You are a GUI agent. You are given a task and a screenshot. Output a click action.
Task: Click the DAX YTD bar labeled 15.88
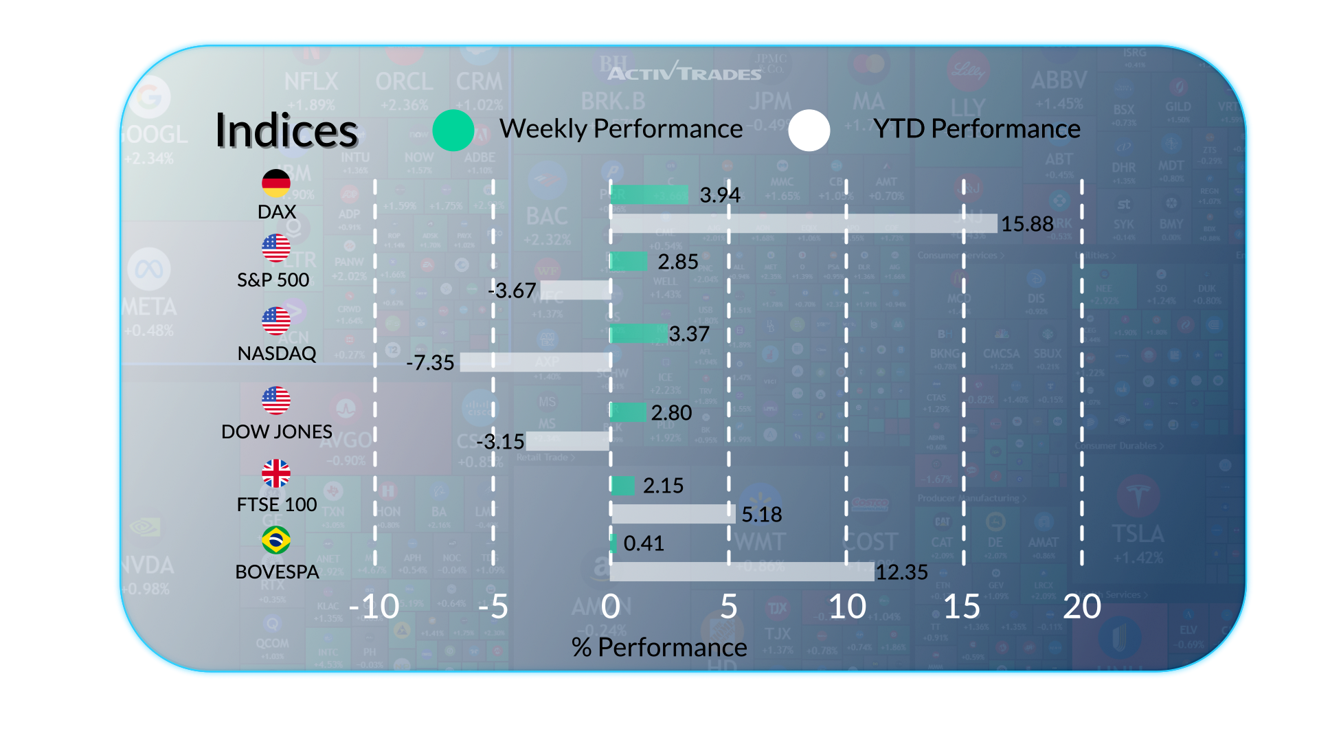pos(804,223)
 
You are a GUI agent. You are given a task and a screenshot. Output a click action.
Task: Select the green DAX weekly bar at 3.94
pos(649,194)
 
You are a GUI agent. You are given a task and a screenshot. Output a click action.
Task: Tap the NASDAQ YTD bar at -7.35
pos(535,362)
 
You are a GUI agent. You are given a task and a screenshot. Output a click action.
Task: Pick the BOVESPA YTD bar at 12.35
pos(742,572)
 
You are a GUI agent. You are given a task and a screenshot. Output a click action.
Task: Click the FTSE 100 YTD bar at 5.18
pos(673,514)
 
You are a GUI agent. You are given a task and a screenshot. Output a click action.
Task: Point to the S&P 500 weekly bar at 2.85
pos(629,261)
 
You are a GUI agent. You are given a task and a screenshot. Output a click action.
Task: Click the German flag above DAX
pos(276,183)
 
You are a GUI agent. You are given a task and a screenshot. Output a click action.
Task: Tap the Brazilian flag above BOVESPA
pos(276,540)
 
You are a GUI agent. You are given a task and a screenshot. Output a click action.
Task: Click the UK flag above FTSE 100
pos(276,473)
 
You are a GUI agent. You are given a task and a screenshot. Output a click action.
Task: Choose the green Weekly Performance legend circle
pos(453,131)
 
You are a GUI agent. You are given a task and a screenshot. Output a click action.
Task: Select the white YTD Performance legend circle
pos(809,131)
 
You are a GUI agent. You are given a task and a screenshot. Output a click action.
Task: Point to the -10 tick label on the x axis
pos(374,607)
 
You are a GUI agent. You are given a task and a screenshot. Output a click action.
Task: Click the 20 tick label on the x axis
pos(1082,607)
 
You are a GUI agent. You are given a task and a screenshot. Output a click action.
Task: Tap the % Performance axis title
pos(659,647)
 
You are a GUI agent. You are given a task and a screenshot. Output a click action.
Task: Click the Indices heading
pos(286,131)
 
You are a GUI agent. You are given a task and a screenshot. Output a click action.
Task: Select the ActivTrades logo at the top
pos(684,72)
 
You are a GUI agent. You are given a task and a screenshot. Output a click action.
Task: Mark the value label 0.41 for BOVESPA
pos(644,543)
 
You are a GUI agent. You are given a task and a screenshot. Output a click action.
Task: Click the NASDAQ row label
pos(277,353)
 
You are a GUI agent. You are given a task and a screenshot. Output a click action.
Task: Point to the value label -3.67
pos(512,291)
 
